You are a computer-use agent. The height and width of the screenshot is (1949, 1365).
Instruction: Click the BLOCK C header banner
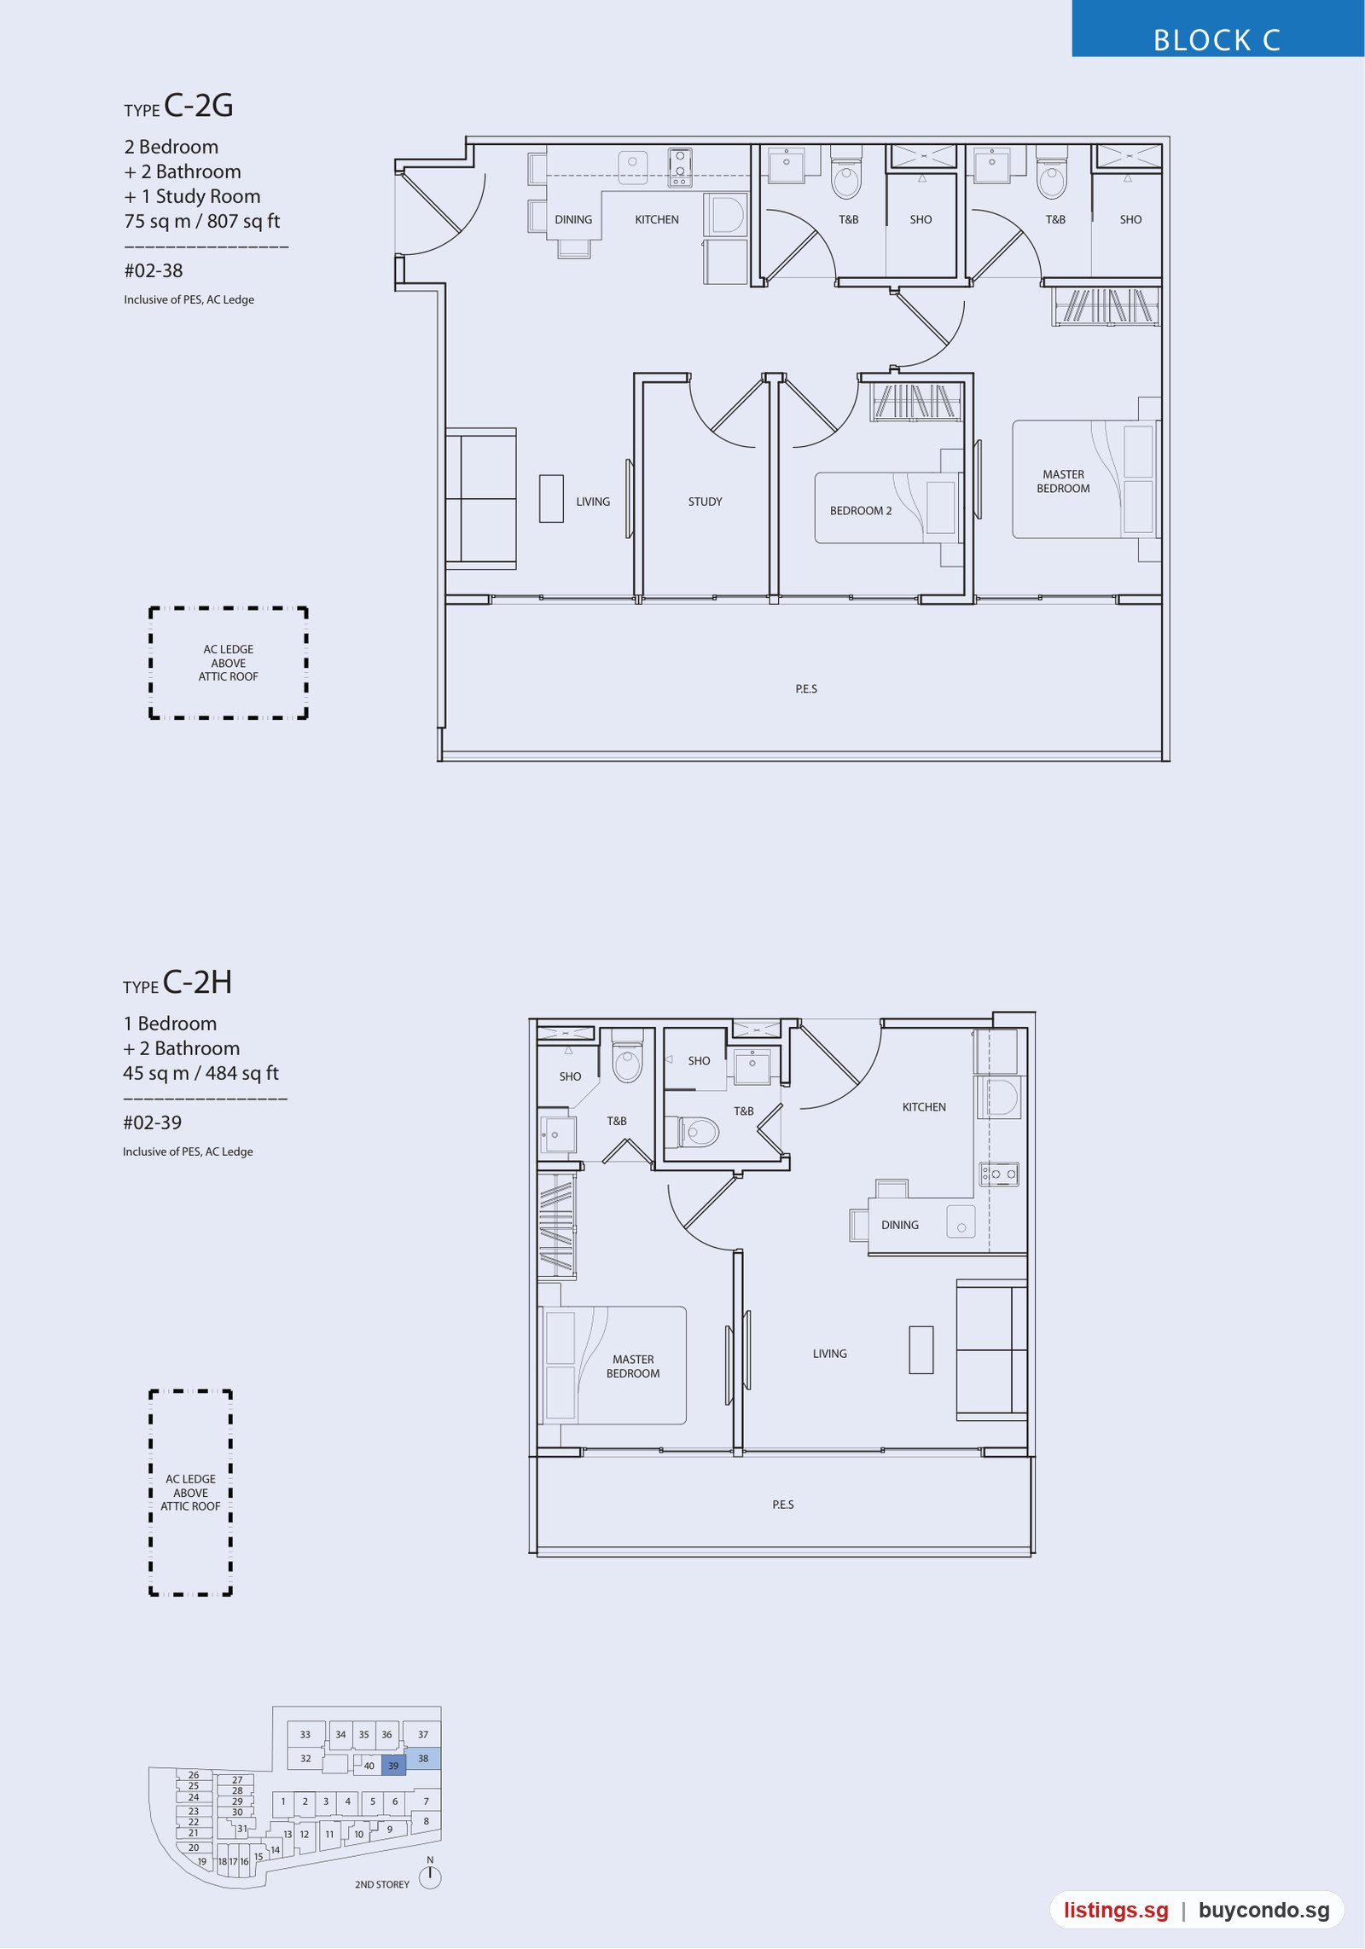pyautogui.click(x=1217, y=29)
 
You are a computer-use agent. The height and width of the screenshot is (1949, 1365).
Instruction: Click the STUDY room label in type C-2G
pyautogui.click(x=705, y=502)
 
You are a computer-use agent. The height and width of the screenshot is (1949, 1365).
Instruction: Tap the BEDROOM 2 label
pyautogui.click(x=861, y=511)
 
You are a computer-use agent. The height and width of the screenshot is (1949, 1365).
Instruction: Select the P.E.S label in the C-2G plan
pyautogui.click(x=806, y=688)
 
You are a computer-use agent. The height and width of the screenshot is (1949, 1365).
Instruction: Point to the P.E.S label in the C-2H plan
pyautogui.click(x=783, y=1505)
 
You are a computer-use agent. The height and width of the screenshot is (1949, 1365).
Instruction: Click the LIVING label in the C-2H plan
pyautogui.click(x=829, y=1354)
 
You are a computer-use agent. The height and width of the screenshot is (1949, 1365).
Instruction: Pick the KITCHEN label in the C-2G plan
pyautogui.click(x=657, y=219)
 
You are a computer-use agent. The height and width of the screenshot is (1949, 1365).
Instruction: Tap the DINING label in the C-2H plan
pyautogui.click(x=900, y=1225)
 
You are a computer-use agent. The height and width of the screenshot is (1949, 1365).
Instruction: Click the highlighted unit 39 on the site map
pyautogui.click(x=393, y=1766)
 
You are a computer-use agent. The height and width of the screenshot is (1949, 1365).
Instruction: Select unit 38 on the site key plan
pyautogui.click(x=423, y=1758)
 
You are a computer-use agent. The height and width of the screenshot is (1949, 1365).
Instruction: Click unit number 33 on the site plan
pyautogui.click(x=305, y=1734)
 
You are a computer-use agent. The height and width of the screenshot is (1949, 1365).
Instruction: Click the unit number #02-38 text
pyautogui.click(x=154, y=270)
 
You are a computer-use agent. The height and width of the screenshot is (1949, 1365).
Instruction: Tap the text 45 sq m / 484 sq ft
pyautogui.click(x=200, y=1073)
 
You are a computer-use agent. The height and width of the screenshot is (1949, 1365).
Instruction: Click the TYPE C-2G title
pyautogui.click(x=178, y=106)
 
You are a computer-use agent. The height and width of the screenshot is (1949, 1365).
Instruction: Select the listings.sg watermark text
pyautogui.click(x=1116, y=1910)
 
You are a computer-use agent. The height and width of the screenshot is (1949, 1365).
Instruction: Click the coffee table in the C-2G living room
pyautogui.click(x=551, y=499)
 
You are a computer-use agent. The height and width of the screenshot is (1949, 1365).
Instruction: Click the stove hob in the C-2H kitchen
pyautogui.click(x=999, y=1175)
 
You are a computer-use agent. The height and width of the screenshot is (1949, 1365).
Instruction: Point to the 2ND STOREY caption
pyautogui.click(x=382, y=1884)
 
